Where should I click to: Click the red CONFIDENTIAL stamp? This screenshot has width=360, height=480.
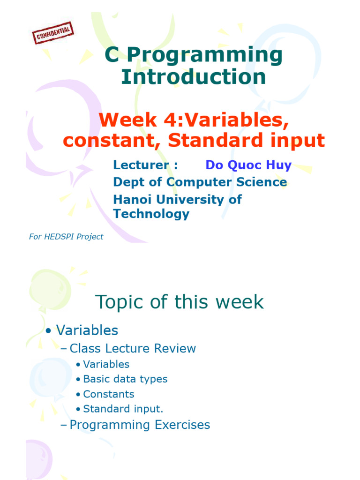tap(53, 33)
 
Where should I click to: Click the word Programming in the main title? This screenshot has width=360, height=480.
tap(204, 56)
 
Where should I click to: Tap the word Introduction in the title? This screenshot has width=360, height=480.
tap(194, 76)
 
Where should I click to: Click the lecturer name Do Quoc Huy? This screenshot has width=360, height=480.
tap(248, 165)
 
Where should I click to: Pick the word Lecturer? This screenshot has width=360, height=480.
tap(141, 165)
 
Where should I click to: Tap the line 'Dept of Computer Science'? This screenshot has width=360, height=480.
tap(200, 182)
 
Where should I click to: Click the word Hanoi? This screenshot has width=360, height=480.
tap(132, 199)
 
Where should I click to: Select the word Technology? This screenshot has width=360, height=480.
tap(151, 214)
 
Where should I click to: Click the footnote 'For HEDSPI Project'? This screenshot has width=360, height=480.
tap(66, 237)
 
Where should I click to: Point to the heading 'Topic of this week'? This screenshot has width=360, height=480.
tap(180, 302)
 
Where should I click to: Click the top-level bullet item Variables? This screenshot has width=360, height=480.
tap(87, 330)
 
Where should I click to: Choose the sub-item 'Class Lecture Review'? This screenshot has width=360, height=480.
tap(133, 348)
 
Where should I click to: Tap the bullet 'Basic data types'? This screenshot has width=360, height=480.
tap(125, 379)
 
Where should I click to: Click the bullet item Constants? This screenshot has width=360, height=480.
tap(109, 394)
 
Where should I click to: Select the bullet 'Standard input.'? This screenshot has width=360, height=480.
tap(123, 409)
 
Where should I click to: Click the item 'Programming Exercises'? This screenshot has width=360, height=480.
tap(140, 425)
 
